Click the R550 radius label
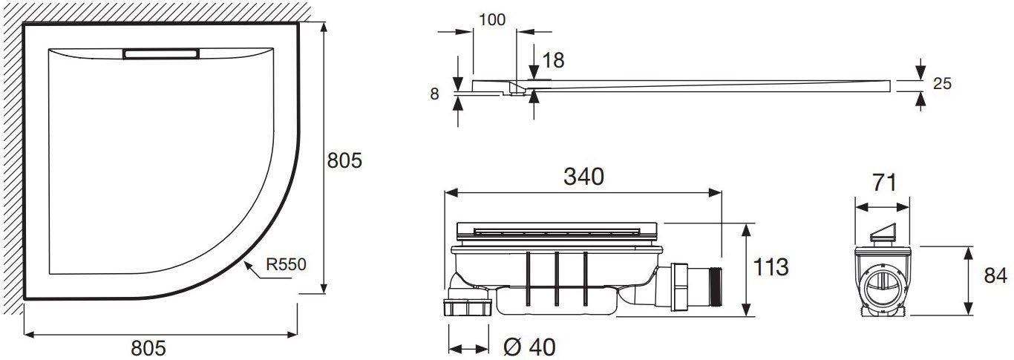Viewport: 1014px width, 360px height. (286, 264)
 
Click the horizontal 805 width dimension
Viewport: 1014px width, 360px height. (148, 348)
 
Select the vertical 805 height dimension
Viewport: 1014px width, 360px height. (344, 160)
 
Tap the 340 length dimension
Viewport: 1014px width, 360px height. (583, 176)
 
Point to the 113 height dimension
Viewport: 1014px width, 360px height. (771, 267)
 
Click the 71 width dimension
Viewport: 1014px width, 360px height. (884, 183)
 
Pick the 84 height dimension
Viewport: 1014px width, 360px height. (995, 275)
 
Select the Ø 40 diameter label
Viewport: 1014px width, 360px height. (529, 347)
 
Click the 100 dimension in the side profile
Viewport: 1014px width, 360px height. (492, 19)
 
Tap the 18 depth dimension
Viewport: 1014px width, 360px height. (553, 60)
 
